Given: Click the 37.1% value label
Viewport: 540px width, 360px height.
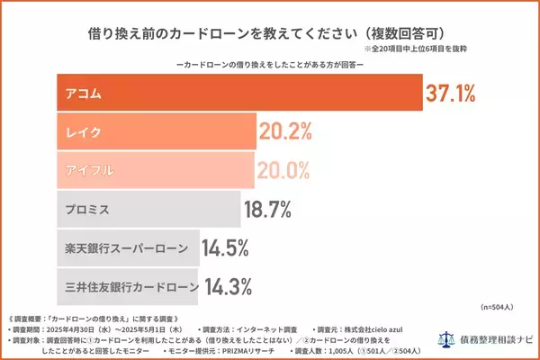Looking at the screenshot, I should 450,92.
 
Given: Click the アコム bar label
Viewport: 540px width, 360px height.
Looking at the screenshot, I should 84,92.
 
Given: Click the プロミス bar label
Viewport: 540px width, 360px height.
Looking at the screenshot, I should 88,210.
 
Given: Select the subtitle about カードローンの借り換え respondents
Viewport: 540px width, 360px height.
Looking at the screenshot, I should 270,65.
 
